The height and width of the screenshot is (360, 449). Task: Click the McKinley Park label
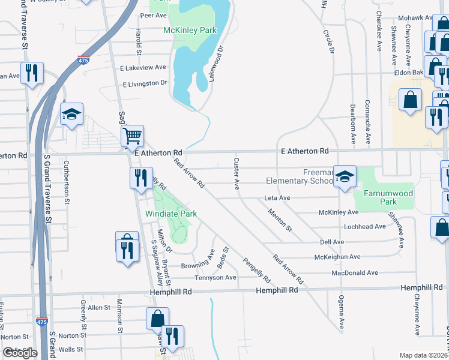190,29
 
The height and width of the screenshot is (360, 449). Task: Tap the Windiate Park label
172,214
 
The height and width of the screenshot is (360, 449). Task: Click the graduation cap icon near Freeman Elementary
345,176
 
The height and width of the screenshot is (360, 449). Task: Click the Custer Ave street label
237,174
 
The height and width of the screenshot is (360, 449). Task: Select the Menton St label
280,220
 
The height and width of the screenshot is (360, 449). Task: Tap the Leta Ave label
277,198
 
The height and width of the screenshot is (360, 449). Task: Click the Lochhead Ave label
364,227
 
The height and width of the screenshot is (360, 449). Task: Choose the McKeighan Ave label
337,257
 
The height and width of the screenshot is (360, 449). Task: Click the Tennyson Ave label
215,278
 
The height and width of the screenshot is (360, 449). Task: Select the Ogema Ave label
341,316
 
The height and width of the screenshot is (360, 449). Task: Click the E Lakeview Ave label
143,68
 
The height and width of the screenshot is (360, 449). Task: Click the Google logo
20,353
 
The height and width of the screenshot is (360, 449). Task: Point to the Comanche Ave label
368,115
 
